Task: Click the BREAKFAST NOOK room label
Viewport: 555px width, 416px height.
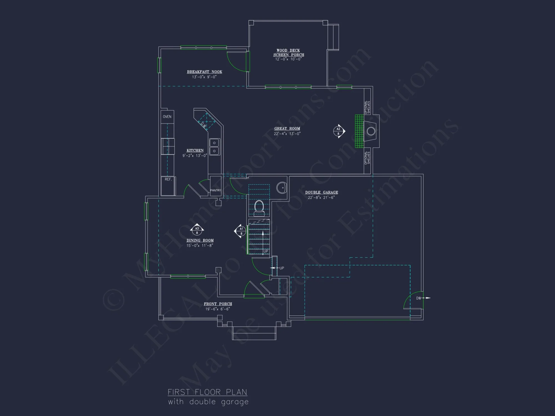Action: [205, 72]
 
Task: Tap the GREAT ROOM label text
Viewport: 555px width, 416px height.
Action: [287, 129]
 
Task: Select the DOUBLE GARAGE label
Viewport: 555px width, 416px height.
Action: [322, 192]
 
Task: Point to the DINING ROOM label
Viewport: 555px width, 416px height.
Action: [200, 240]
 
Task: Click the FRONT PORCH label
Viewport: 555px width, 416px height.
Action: [218, 304]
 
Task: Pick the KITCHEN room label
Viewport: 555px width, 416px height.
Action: [195, 151]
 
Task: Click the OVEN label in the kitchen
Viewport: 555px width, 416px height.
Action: [167, 117]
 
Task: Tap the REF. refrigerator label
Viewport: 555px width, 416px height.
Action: [168, 179]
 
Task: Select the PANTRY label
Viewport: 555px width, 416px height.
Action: [215, 190]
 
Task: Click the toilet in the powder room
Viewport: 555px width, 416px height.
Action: [259, 207]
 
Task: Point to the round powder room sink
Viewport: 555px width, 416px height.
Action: [282, 188]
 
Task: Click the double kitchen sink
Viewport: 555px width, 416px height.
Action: [214, 147]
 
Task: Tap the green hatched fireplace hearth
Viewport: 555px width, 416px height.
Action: [359, 131]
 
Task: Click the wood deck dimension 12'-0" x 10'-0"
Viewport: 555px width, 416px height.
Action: [288, 59]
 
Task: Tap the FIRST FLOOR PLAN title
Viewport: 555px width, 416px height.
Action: [207, 392]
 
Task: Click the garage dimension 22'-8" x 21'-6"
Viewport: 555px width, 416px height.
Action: [321, 197]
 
